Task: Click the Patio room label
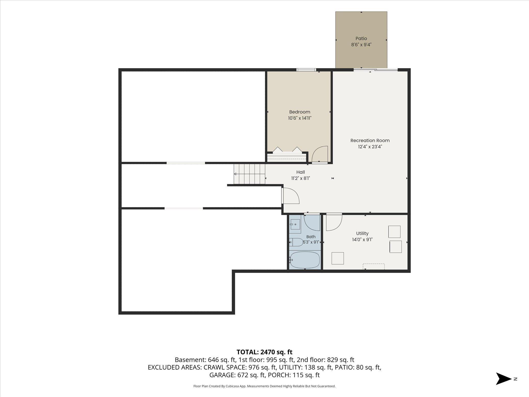[361, 39]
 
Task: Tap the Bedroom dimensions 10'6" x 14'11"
[300, 118]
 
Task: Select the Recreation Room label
[370, 140]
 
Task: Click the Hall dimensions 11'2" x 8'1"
[300, 178]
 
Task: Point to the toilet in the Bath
[296, 242]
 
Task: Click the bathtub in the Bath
[305, 260]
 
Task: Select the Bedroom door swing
[320, 154]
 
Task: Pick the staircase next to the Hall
[250, 174]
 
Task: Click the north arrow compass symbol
[504, 379]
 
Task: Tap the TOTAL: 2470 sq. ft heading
[264, 352]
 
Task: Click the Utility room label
[362, 233]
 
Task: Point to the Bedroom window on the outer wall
[306, 70]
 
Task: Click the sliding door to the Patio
[376, 69]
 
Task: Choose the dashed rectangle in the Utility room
[374, 266]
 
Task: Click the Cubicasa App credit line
[264, 386]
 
